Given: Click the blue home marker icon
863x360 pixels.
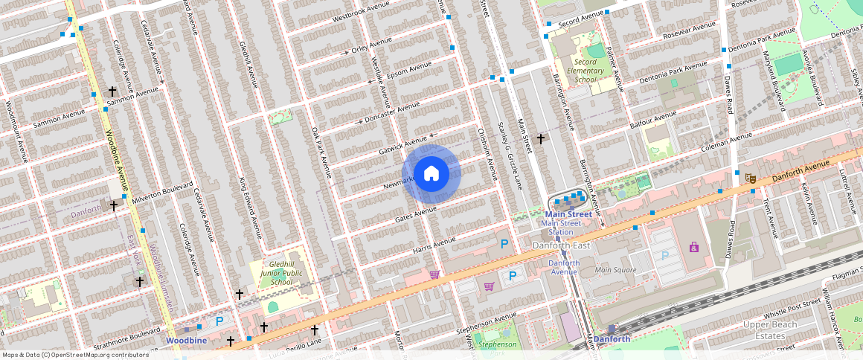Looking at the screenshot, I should pos(431,174).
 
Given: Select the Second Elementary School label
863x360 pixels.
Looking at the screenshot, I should pos(586,71).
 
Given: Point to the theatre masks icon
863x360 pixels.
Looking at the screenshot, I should pos(751,178).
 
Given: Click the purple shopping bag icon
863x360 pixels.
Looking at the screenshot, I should pos(693,247).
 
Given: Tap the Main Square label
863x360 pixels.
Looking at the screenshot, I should pos(616,269).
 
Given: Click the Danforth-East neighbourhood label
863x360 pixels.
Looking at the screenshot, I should pos(560,245).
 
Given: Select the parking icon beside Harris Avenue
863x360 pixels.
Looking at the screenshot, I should pos(504,243).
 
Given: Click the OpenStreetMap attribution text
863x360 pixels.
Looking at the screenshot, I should pos(75,355).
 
